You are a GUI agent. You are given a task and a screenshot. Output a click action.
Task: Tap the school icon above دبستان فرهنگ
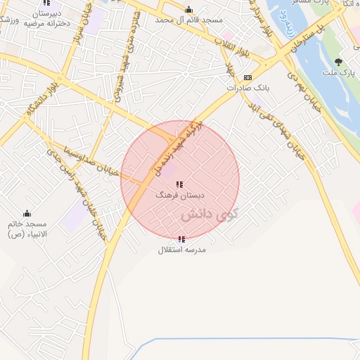click(179, 184)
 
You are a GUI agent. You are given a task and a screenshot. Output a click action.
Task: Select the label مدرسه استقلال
click(181, 250)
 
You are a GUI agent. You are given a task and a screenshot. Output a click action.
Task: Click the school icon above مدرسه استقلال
click(181, 239)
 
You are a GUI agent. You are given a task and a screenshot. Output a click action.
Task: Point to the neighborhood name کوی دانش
click(210, 215)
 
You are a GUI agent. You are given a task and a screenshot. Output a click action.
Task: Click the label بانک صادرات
click(248, 88)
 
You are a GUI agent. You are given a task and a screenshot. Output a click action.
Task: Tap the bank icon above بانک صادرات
click(247, 77)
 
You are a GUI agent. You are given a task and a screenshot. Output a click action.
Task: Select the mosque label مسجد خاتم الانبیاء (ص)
click(27, 229)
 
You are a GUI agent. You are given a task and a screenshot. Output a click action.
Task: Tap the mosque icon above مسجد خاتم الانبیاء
click(27, 213)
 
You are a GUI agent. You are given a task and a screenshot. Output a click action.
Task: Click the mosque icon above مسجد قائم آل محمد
click(188, 10)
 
